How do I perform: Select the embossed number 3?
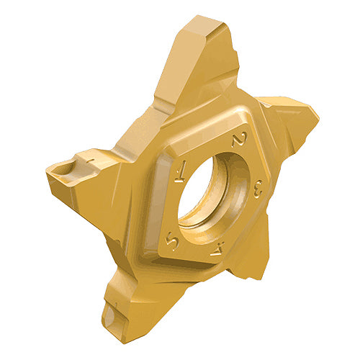(x=258, y=189)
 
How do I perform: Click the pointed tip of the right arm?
(x=319, y=118)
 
